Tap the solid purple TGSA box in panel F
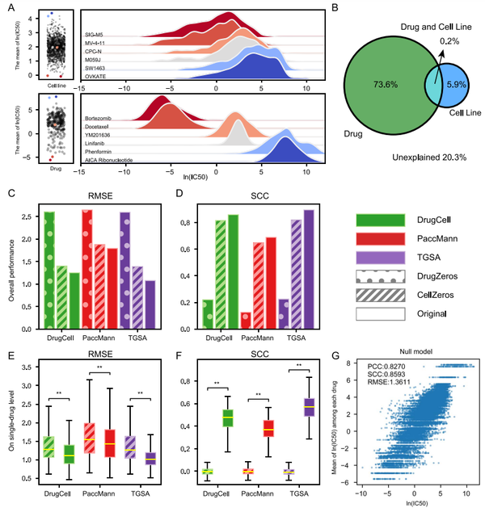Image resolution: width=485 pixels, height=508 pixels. click(x=306, y=406)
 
